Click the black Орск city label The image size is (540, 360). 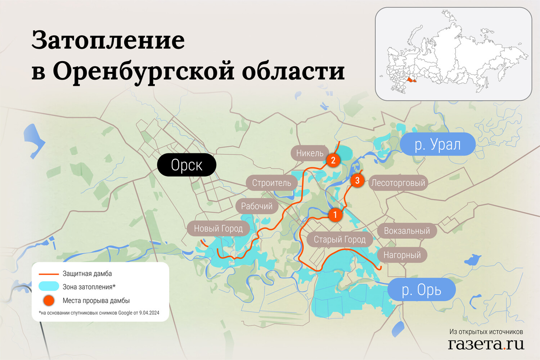[x=186, y=166]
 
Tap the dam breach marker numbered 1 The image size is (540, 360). [x=334, y=215]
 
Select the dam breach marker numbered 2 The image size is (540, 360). [x=333, y=160]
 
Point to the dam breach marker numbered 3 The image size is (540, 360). [x=357, y=181]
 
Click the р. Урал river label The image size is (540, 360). [x=437, y=145]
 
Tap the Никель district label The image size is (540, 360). [x=310, y=153]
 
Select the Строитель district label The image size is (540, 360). [x=271, y=183]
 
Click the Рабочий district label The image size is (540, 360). [x=257, y=207]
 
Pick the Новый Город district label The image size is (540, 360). [x=218, y=229]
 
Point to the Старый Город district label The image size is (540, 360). [x=340, y=239]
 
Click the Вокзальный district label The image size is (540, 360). [x=407, y=231]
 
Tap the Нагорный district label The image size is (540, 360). [x=402, y=255]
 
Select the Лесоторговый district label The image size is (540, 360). [x=397, y=183]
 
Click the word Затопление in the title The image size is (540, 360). [x=108, y=42]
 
